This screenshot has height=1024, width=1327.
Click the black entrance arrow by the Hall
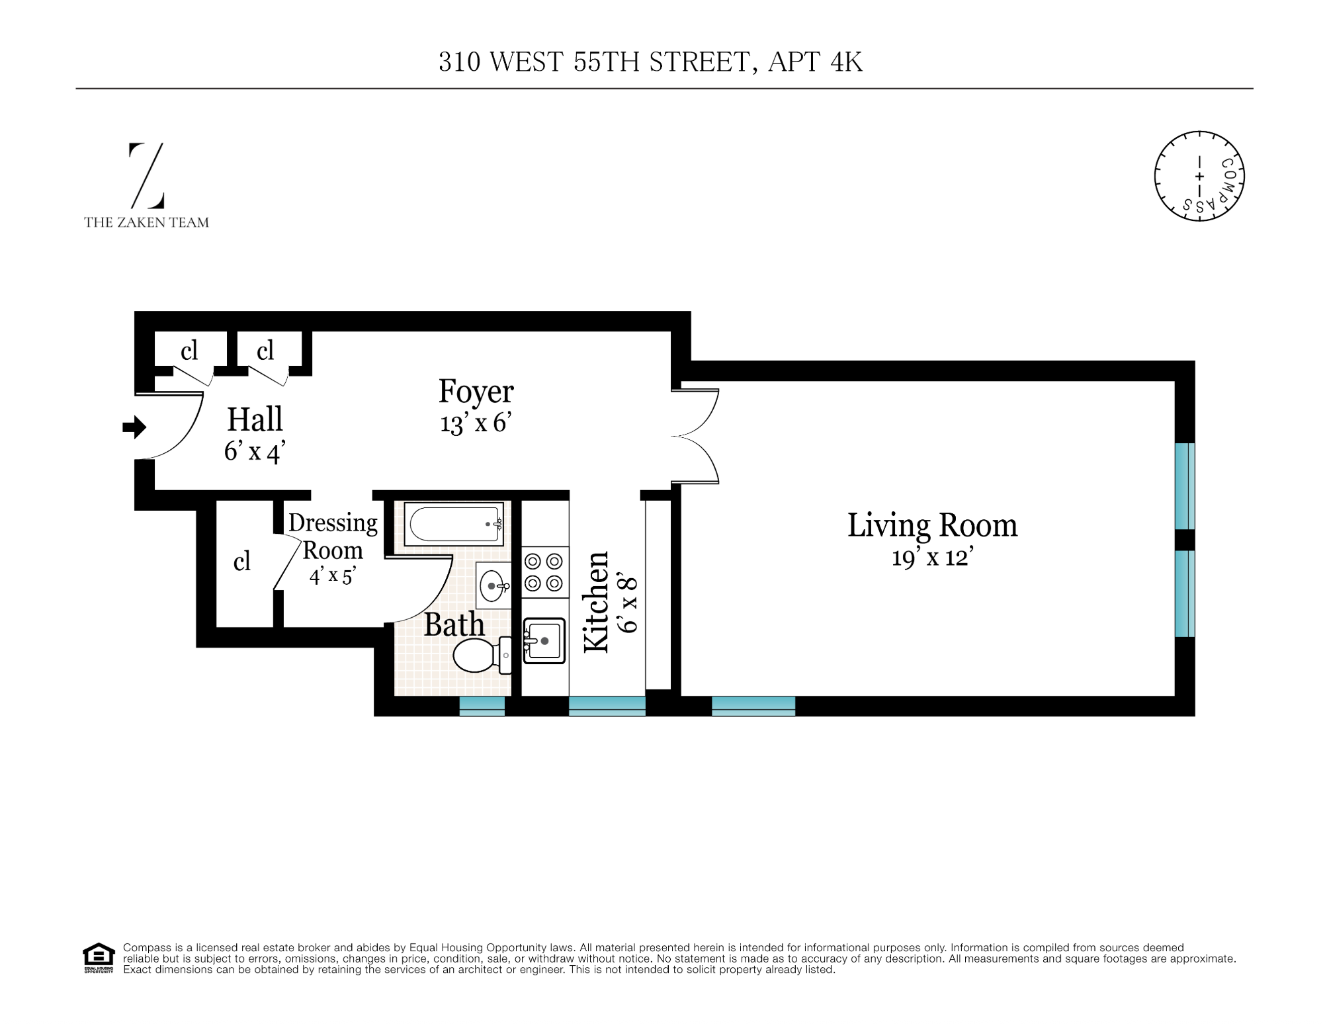[x=134, y=427]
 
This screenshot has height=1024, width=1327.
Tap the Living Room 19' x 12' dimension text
[x=932, y=558]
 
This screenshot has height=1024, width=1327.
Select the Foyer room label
[x=476, y=391]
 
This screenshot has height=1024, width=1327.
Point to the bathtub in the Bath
[x=454, y=524]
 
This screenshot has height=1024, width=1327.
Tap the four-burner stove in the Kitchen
[x=544, y=572]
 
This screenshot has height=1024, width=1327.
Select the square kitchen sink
[x=544, y=640]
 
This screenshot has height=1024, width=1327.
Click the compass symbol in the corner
[x=1199, y=176]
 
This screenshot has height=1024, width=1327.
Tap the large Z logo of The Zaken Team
[x=146, y=175]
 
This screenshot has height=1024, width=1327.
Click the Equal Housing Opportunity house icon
[x=98, y=957]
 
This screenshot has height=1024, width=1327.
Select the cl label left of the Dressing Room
[x=242, y=562]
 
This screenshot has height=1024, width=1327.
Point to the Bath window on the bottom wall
[x=482, y=706]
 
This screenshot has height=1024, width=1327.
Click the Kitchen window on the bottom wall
[x=607, y=706]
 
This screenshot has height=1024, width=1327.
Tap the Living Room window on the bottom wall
[x=753, y=706]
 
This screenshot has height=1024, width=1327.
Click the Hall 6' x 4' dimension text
[x=255, y=452]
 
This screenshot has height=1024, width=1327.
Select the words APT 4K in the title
[x=815, y=62]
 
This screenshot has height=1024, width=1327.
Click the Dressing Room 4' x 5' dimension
[x=333, y=576]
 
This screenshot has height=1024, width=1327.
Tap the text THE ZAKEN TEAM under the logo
[x=146, y=223]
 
